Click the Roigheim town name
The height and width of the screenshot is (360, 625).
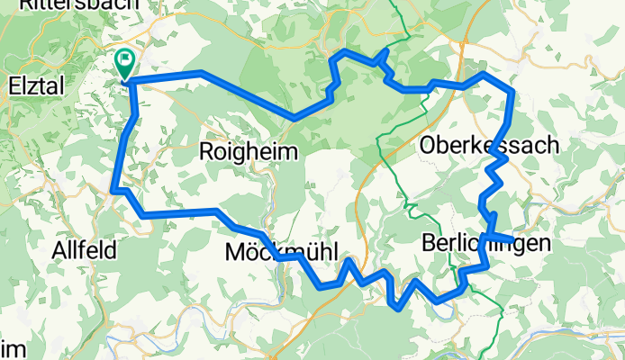(x=248, y=152)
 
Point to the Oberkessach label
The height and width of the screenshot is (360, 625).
(x=488, y=145)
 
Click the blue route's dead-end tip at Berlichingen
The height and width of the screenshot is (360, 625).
(x=511, y=239)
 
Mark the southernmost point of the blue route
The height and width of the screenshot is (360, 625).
(x=400, y=307)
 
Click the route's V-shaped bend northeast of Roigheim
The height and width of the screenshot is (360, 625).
(x=295, y=117)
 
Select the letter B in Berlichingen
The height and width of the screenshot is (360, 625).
(x=428, y=242)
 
